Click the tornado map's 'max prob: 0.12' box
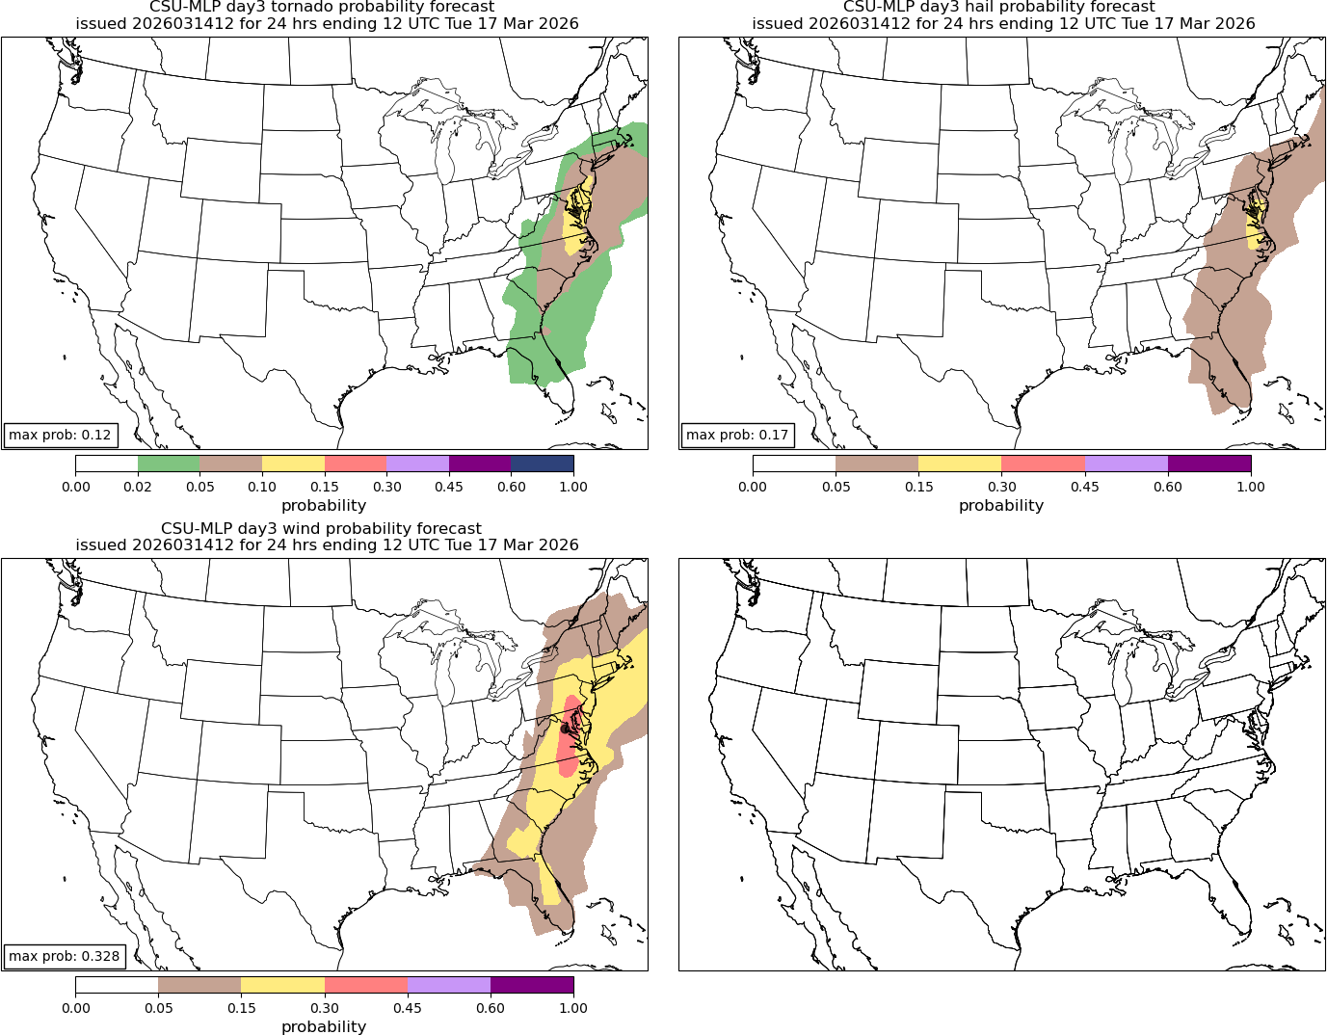pos(60,435)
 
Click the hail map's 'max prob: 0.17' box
pos(737,435)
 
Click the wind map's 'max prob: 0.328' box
pos(65,956)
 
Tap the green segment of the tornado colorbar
pos(169,464)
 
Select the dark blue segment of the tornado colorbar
pos(542,464)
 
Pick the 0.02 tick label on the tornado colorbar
pos(138,487)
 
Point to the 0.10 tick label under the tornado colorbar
pos(262,487)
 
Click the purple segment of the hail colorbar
pos(1209,464)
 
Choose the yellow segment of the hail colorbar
pos(960,464)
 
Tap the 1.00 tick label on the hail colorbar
pos(1251,487)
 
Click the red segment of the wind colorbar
pos(366,985)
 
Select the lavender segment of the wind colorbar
pos(449,985)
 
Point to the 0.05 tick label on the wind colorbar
pos(158,1008)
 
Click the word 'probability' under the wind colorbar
pos(324,1026)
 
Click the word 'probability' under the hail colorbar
pos(1001,505)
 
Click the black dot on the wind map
pos(565,729)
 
